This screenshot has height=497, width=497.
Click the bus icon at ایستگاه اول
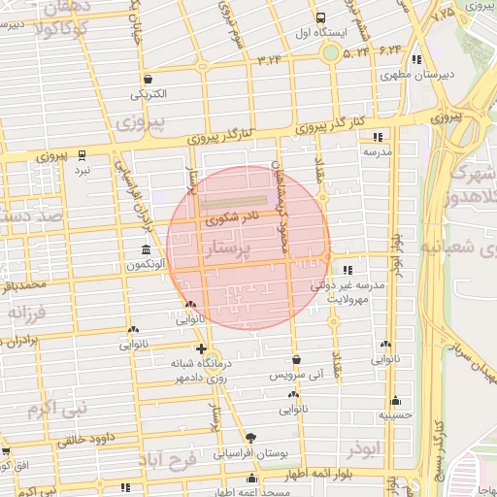(x=321, y=18)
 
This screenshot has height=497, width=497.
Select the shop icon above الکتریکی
(x=147, y=80)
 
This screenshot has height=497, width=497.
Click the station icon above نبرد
(x=83, y=154)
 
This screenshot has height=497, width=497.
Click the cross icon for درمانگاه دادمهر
(x=201, y=348)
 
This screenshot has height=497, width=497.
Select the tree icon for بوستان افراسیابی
(x=251, y=438)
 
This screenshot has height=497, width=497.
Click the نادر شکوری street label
(x=230, y=220)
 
